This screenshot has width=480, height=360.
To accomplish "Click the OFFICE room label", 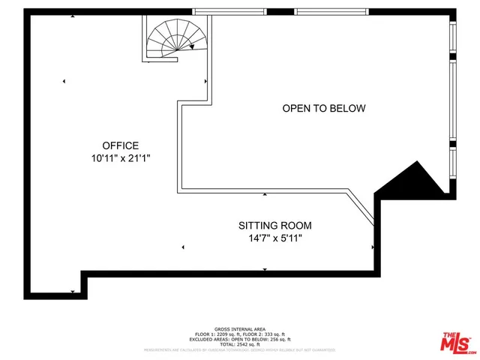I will pyautogui.click(x=121, y=145).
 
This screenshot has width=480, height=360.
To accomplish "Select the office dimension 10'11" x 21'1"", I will pyautogui.click(x=121, y=159).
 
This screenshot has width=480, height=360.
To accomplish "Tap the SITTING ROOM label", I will pyautogui.click(x=275, y=225).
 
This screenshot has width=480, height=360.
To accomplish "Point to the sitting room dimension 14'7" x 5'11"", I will pyautogui.click(x=275, y=238).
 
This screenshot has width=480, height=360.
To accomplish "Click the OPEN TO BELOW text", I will pyautogui.click(x=324, y=109).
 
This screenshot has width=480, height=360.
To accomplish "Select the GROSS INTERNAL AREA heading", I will pyautogui.click(x=240, y=328).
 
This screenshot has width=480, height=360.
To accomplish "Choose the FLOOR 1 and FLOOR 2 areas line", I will pyautogui.click(x=240, y=333).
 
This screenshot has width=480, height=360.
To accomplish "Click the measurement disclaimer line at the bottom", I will pyautogui.click(x=240, y=349).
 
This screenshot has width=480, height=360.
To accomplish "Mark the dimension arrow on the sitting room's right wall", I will pyautogui.click(x=373, y=246).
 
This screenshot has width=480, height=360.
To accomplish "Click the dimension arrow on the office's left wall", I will pyautogui.click(x=64, y=81).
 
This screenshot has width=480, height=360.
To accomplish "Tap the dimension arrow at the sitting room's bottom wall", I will pyautogui.click(x=264, y=269).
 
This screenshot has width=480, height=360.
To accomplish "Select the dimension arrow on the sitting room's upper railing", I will pyautogui.click(x=264, y=194).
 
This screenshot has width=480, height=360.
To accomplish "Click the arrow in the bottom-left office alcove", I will pyautogui.click(x=72, y=291).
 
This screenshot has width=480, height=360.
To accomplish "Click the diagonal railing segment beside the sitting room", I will pyautogui.click(x=359, y=208).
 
